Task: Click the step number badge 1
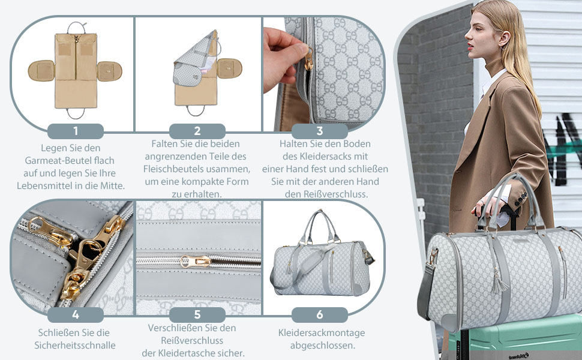point(76,131)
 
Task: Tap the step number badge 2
point(197,131)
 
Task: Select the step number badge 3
point(320,131)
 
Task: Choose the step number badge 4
point(76,315)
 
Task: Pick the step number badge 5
point(197,315)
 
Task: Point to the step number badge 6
point(320,315)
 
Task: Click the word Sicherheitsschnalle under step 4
point(75,346)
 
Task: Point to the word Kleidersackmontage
point(322,333)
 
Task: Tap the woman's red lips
point(470,46)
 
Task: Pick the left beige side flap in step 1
point(41,71)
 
